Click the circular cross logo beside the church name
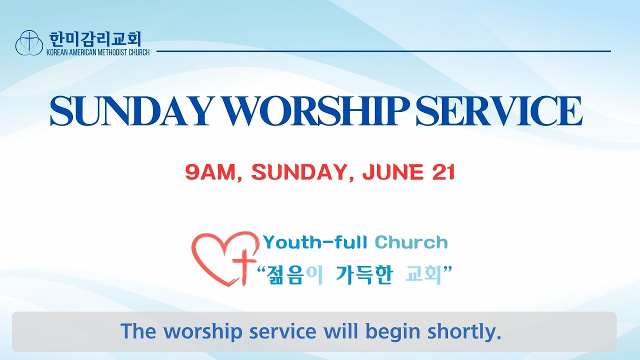pos(29,42)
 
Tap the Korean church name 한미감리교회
pos(95,39)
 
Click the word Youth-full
pos(315,243)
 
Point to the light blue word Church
pos(411,243)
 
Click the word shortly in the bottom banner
pos(464,331)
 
